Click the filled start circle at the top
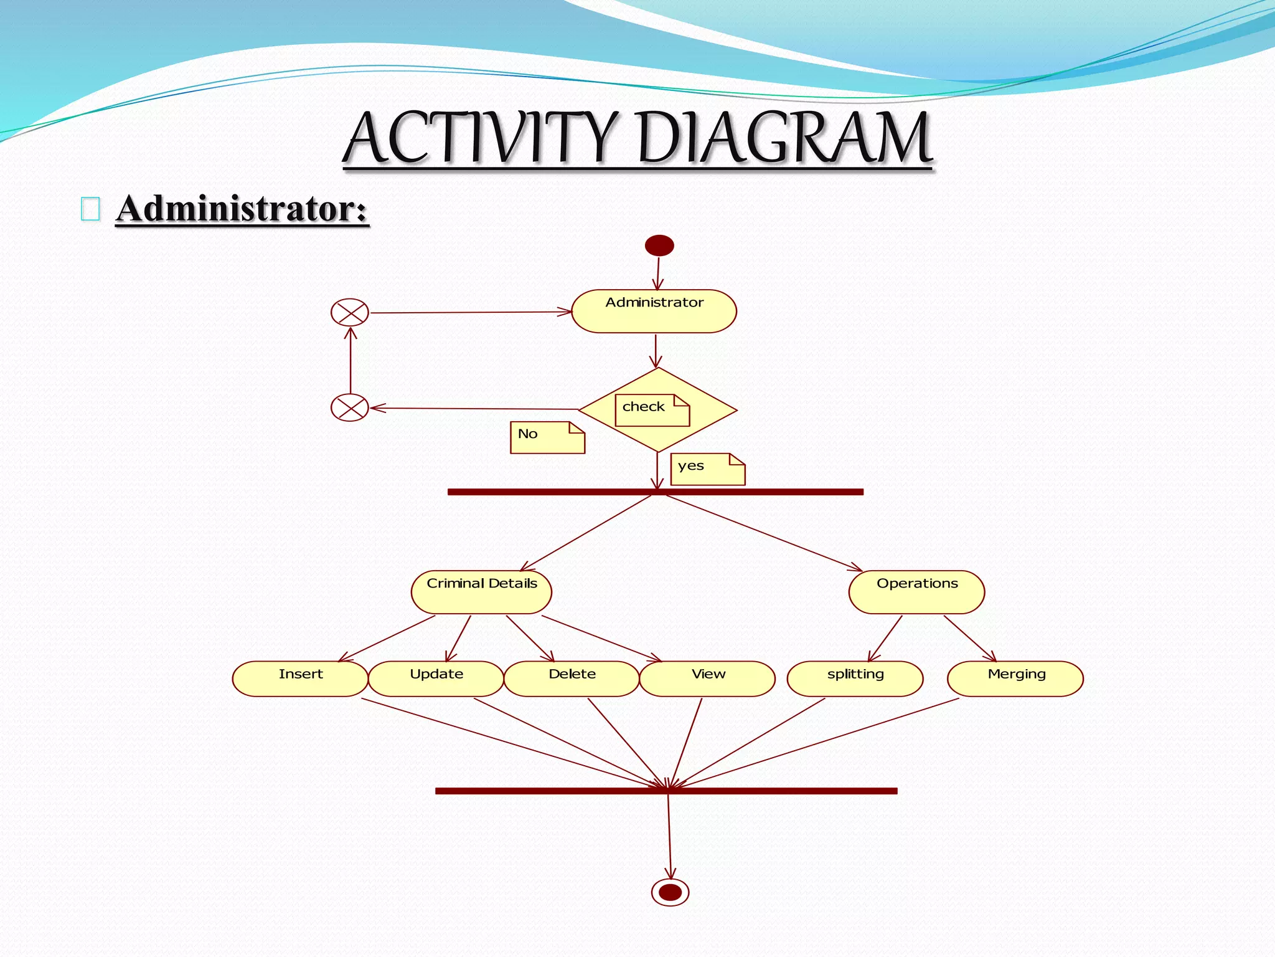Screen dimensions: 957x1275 click(659, 245)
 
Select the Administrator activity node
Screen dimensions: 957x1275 click(654, 311)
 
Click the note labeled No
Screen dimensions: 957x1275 click(547, 437)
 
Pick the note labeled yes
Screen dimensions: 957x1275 click(707, 469)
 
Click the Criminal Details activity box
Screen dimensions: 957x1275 click(481, 592)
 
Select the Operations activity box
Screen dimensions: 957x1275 click(916, 592)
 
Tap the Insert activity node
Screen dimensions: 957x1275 click(300, 678)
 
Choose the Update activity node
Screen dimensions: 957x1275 click(436, 678)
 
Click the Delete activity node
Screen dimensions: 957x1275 click(572, 678)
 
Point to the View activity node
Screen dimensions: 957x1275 click(707, 678)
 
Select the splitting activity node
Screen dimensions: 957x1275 click(855, 678)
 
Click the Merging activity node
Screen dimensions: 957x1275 click(1015, 678)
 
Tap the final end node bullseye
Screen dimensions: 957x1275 click(670, 892)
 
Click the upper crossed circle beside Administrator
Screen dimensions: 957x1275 click(350, 312)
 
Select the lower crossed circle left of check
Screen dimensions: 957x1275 click(350, 408)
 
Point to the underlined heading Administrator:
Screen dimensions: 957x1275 click(242, 208)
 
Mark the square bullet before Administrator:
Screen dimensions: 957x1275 click(90, 209)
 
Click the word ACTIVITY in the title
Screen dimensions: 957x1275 click(481, 138)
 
